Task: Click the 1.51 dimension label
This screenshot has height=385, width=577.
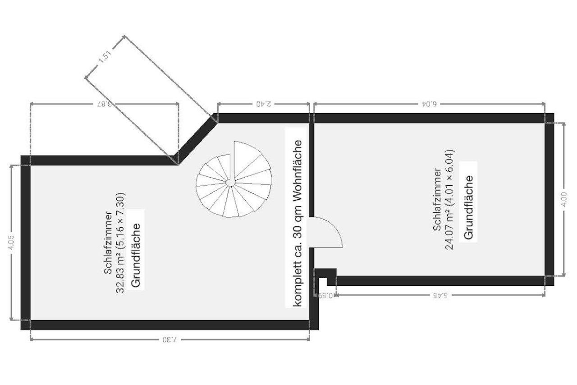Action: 105,57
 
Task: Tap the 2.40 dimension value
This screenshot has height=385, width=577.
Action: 264,104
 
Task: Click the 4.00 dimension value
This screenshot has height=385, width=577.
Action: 564,199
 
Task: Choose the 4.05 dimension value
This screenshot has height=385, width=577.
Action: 12,243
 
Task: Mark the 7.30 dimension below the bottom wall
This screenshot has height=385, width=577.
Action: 170,339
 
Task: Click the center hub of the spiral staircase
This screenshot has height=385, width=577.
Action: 230,183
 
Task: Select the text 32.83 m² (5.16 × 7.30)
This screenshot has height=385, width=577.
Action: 121,243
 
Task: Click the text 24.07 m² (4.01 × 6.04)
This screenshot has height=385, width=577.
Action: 449,199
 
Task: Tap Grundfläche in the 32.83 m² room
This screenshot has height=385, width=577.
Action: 136,255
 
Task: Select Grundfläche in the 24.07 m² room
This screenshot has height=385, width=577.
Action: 468,207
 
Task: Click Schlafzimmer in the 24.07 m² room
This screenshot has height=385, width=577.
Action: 437,199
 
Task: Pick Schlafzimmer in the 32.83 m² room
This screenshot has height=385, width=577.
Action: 108,243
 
